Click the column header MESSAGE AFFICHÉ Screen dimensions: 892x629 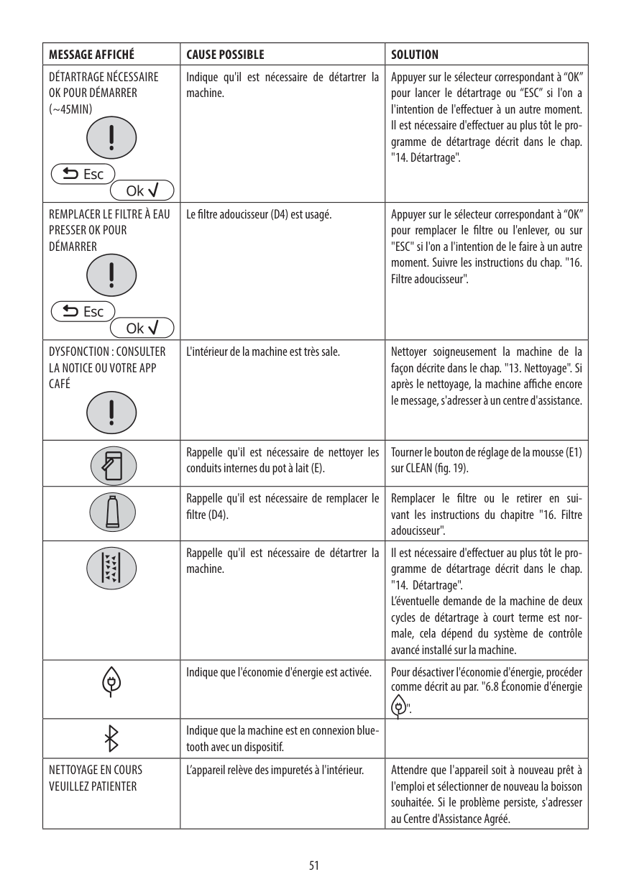[91, 55]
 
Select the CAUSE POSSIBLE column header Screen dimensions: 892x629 [225, 55]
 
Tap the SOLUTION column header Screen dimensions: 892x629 [415, 55]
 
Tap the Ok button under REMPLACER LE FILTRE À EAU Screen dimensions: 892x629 [142, 328]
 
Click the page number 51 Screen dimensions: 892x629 [314, 865]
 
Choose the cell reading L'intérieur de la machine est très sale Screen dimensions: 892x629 [262, 352]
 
